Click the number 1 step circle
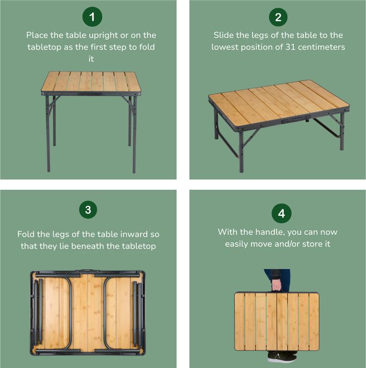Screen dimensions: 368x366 pos(92,17)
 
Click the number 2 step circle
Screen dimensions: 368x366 pos(278,17)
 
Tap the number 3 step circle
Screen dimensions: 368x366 pos(88,210)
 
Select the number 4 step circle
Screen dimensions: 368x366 pos(281,213)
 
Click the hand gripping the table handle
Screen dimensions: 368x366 pos(277,284)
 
